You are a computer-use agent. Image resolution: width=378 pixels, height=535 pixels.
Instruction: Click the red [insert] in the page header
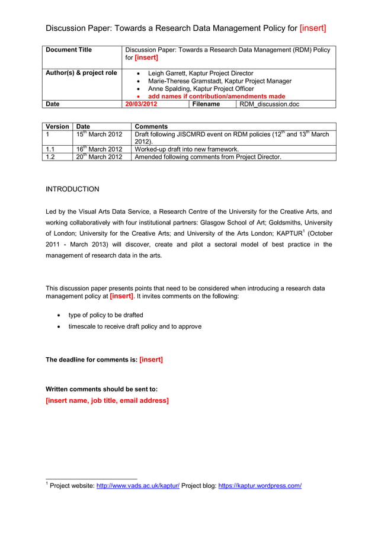coord(313,28)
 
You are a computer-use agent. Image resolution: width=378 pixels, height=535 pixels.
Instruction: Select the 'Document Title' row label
coord(69,50)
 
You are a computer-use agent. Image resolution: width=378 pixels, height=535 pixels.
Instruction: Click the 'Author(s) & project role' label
coord(81,73)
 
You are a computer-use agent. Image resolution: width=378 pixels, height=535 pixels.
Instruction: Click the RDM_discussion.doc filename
coord(269,104)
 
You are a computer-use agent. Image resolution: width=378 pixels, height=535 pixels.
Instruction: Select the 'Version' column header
coord(57,127)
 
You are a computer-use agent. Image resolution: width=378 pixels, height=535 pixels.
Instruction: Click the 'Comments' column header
coord(151,127)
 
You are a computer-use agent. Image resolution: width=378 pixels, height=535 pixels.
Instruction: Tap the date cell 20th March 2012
coord(99,157)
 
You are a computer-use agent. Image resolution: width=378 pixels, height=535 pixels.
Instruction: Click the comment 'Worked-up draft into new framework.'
coord(187,149)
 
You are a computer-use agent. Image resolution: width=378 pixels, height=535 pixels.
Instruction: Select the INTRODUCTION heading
coord(72,190)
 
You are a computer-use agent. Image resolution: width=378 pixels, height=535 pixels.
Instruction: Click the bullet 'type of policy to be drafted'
coord(105,315)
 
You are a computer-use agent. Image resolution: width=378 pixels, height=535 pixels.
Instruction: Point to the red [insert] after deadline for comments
coord(150,360)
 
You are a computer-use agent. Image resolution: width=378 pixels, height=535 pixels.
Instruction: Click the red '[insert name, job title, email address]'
coord(107,401)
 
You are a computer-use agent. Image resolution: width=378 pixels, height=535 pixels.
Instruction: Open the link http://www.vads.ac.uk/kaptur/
coord(137,486)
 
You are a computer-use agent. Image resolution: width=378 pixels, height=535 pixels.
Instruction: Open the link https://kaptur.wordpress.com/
coord(260,486)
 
